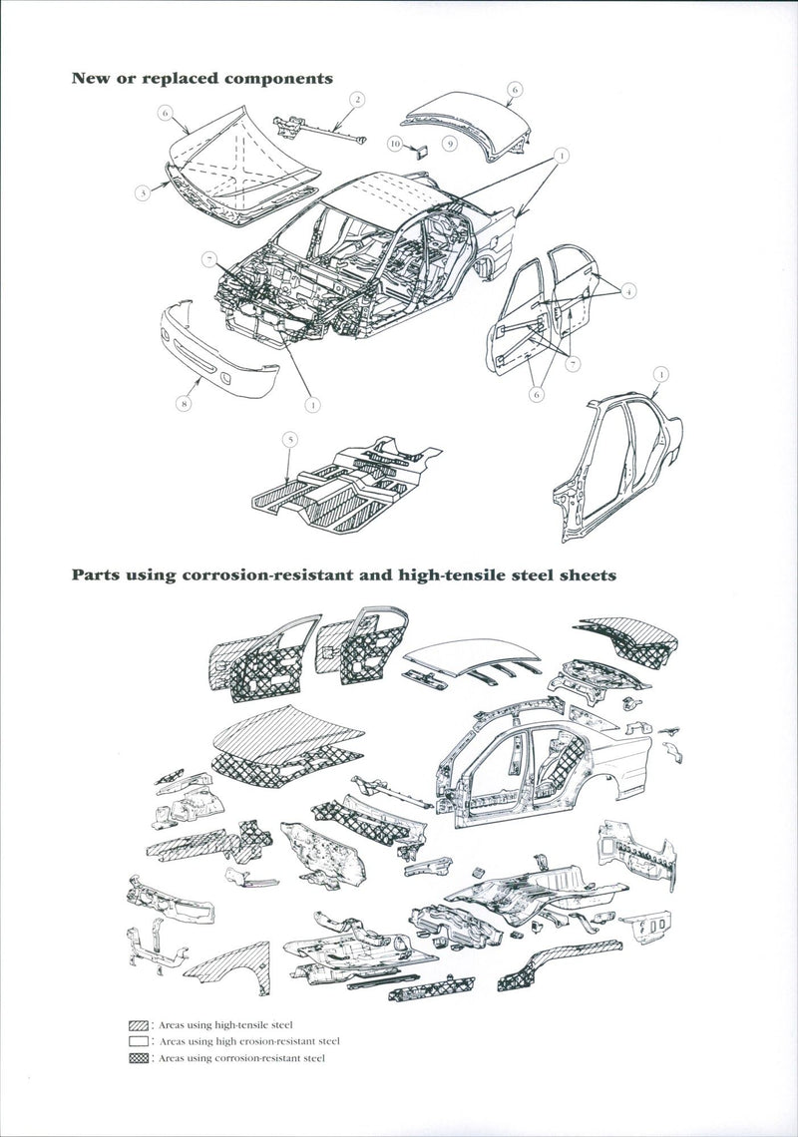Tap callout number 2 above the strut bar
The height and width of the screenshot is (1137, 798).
pyautogui.click(x=356, y=99)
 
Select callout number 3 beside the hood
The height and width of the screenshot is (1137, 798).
pyautogui.click(x=143, y=192)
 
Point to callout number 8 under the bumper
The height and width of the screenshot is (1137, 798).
pyautogui.click(x=183, y=404)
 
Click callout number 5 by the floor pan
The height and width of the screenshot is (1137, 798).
pyautogui.click(x=289, y=438)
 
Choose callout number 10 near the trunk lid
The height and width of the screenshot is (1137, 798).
pyautogui.click(x=395, y=145)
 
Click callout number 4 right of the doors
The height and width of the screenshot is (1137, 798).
pyautogui.click(x=629, y=290)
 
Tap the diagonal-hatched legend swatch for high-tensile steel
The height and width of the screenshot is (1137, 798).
pyautogui.click(x=138, y=1025)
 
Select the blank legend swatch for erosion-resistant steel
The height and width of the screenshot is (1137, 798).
pyautogui.click(x=138, y=1041)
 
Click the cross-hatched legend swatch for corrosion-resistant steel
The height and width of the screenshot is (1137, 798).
pyautogui.click(x=138, y=1058)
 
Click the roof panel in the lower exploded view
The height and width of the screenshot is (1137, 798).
pyautogui.click(x=469, y=653)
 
